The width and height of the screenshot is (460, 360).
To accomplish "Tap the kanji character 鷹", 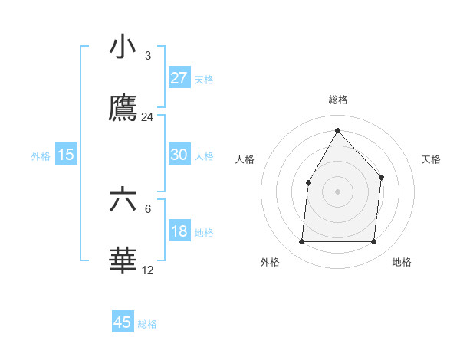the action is click(123, 108).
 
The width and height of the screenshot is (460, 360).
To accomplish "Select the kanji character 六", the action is click(123, 200).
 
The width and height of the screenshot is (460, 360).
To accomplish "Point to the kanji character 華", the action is click(123, 261).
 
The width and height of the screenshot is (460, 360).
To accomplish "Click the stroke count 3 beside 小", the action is click(147, 55).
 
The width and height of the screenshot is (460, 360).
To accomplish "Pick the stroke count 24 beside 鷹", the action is click(147, 117).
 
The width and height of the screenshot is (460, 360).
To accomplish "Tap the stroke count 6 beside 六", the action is click(147, 208).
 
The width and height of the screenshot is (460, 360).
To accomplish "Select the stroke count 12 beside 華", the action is click(147, 270).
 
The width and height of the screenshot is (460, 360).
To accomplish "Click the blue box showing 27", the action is click(179, 78).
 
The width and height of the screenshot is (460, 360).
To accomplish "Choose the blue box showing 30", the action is click(179, 155).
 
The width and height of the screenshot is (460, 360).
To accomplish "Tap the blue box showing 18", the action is click(179, 231).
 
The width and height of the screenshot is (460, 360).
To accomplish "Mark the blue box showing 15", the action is click(66, 155).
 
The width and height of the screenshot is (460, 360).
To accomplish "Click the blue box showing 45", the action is click(123, 322).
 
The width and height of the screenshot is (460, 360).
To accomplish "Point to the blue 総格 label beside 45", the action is click(147, 324).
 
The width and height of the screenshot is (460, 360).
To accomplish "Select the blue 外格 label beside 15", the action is click(41, 155).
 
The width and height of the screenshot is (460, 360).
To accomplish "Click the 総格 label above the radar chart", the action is click(337, 100).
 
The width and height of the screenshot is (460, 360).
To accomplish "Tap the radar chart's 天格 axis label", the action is click(432, 159).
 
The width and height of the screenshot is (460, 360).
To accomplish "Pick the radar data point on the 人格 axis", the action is click(309, 182).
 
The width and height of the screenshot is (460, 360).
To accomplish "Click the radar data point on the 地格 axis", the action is click(373, 242).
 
